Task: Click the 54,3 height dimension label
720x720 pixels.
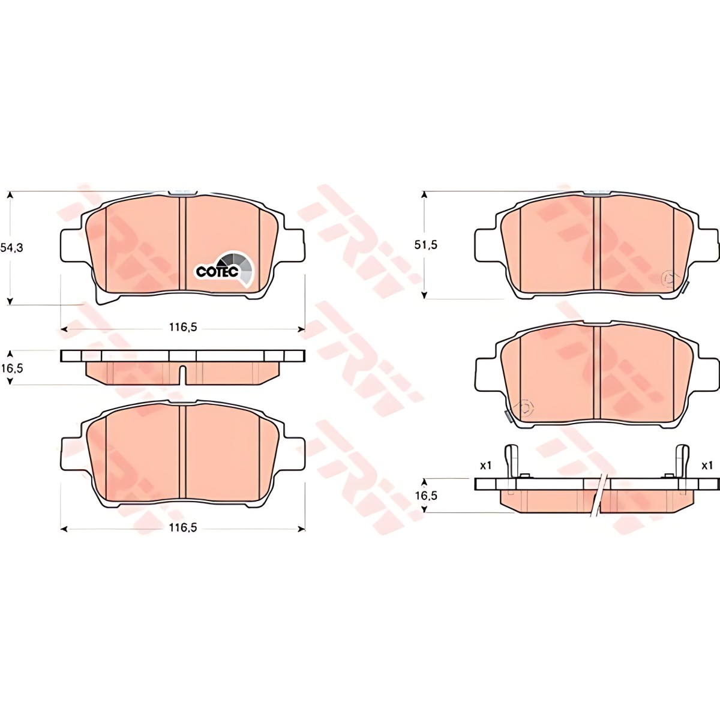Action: (x=11, y=247)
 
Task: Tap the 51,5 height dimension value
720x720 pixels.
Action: (x=425, y=245)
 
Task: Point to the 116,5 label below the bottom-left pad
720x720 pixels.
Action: (x=183, y=527)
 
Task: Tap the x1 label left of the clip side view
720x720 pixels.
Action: (x=485, y=465)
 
